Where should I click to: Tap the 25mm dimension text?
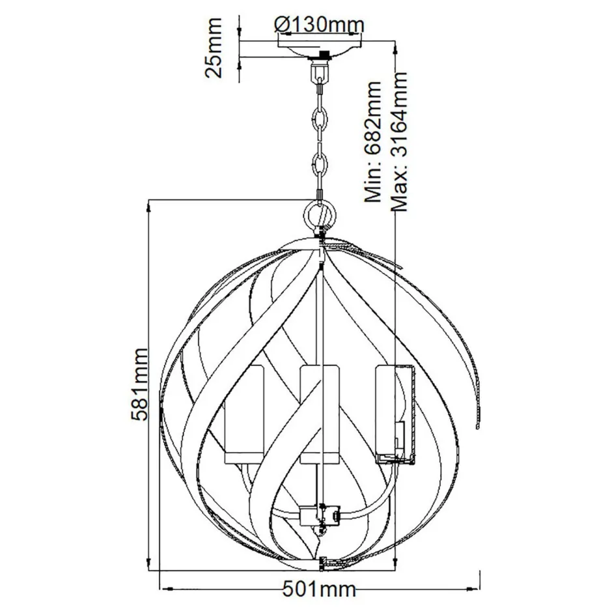(213, 48)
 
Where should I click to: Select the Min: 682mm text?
(374, 143)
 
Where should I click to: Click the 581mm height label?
(138, 384)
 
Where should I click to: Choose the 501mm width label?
(320, 590)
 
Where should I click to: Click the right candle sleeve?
(393, 414)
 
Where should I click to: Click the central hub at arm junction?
(320, 515)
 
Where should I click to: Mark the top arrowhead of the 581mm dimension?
(151, 203)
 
